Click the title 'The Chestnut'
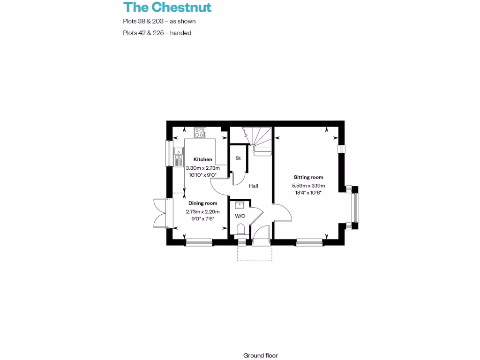tap(167, 7)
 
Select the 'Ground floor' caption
tap(261, 355)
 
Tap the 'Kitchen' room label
tap(202, 160)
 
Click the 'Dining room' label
tap(202, 203)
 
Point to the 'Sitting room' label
tap(308, 178)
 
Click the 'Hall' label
tap(254, 186)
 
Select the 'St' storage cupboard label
tap(238, 158)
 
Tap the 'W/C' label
tap(240, 216)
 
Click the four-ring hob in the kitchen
tap(200, 133)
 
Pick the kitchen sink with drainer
tap(178, 157)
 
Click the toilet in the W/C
tap(241, 230)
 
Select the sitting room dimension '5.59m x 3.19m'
tap(308, 186)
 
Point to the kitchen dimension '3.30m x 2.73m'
tap(202, 168)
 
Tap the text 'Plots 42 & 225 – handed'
tap(157, 33)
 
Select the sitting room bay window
tap(355, 208)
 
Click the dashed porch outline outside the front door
tap(255, 253)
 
